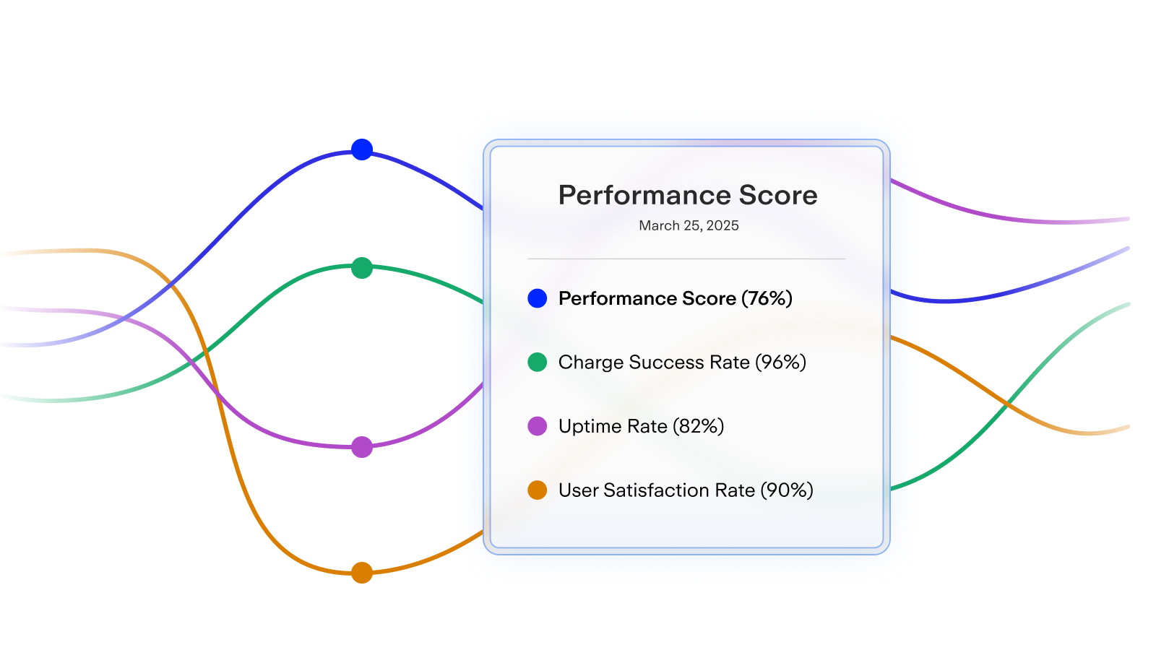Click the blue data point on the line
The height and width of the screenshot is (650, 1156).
pyautogui.click(x=362, y=149)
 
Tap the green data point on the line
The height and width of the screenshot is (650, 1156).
pyautogui.click(x=362, y=268)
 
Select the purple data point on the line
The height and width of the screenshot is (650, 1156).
pyautogui.click(x=362, y=447)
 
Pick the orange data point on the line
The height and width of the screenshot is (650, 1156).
pyautogui.click(x=362, y=573)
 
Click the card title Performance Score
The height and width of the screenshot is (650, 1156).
pyautogui.click(x=688, y=196)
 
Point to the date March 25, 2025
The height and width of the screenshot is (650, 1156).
pyautogui.click(x=689, y=225)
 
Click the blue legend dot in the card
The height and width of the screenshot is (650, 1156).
pyautogui.click(x=538, y=298)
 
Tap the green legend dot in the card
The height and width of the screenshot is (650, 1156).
pyautogui.click(x=538, y=362)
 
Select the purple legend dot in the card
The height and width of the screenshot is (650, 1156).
pyautogui.click(x=538, y=426)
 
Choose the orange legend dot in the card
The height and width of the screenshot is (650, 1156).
pyautogui.click(x=538, y=490)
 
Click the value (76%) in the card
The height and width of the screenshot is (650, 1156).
pyautogui.click(x=767, y=299)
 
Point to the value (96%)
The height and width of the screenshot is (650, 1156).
pyautogui.click(x=780, y=363)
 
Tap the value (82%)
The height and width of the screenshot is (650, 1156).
pyautogui.click(x=699, y=427)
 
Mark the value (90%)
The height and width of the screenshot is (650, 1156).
pyautogui.click(x=787, y=490)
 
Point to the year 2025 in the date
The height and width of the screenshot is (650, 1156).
pyautogui.click(x=722, y=225)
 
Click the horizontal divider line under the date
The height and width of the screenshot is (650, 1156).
pyautogui.click(x=686, y=259)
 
